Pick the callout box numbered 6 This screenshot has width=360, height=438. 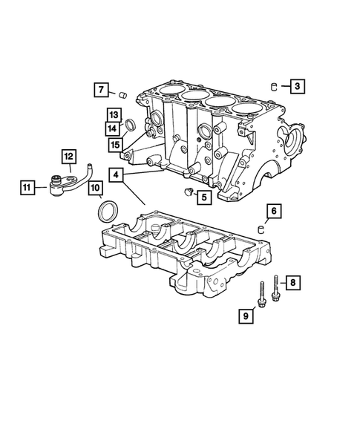273,212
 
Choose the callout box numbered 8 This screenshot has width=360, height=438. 293,282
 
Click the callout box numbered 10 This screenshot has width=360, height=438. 96,189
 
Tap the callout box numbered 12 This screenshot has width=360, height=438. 68,156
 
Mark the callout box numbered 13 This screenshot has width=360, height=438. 113,115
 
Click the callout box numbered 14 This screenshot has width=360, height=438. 113,129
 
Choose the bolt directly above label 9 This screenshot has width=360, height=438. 263,295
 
